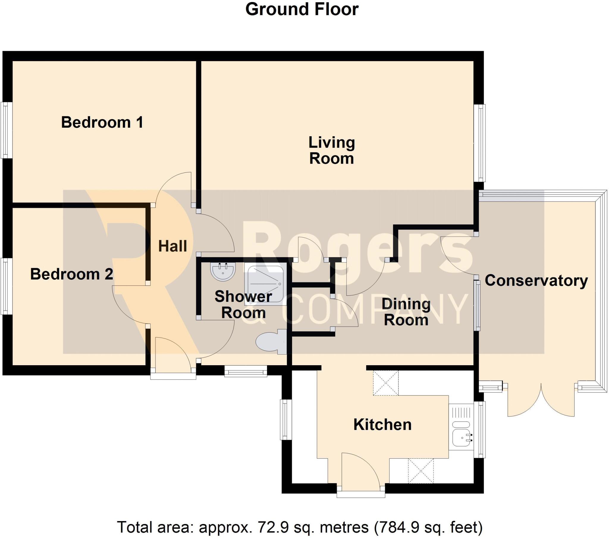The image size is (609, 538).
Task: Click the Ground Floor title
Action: pyautogui.click(x=302, y=10)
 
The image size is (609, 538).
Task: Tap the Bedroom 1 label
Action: pyautogui.click(x=102, y=122)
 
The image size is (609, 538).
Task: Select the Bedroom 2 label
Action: pyautogui.click(x=71, y=274)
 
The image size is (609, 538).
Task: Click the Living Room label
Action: pyautogui.click(x=332, y=150)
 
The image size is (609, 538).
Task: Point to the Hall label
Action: pyautogui.click(x=172, y=246)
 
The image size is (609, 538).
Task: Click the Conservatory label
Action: pyautogui.click(x=536, y=281)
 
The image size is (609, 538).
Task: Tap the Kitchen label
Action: pyautogui.click(x=382, y=425)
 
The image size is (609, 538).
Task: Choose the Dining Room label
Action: pyautogui.click(x=406, y=312)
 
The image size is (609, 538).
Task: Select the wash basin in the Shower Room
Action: pyautogui.click(x=223, y=271)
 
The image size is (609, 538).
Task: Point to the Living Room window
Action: pyautogui.click(x=480, y=143)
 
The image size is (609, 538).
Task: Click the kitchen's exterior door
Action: pyautogui.click(x=360, y=473)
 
